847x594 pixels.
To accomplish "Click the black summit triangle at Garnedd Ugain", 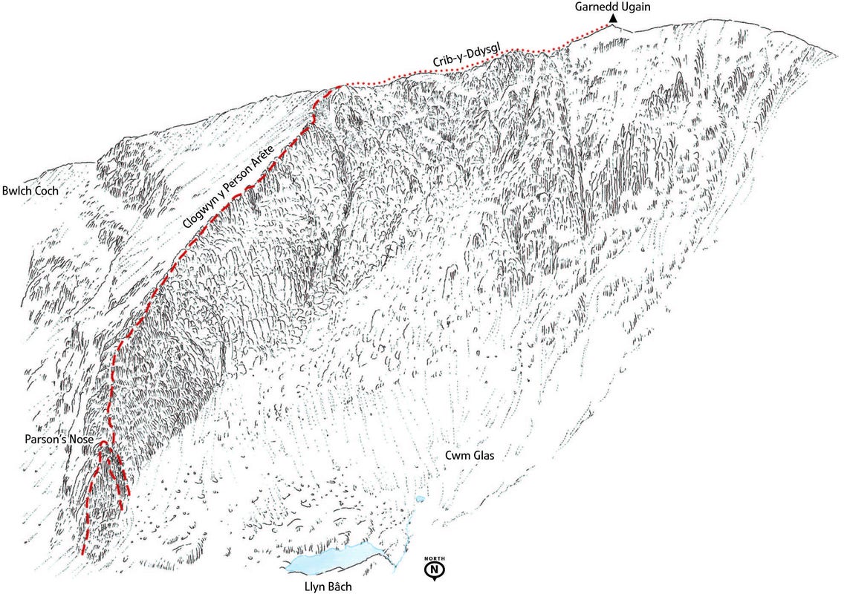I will click(613, 20).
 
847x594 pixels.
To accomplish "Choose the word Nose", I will click(82, 440).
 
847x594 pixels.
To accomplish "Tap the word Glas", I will click(481, 455).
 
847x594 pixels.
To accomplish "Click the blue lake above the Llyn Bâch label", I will click(334, 558).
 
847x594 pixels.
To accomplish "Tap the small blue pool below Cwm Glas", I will click(421, 499).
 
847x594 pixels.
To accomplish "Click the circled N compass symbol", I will click(434, 569).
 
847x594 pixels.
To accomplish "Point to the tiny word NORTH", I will click(434, 558).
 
